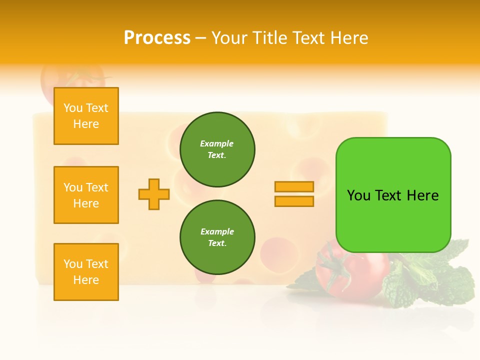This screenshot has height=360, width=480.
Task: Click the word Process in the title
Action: (157, 38)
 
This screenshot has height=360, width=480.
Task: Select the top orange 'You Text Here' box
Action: (86, 116)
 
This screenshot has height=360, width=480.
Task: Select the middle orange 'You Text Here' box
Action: (86, 195)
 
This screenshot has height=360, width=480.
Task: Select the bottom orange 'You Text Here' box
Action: (86, 272)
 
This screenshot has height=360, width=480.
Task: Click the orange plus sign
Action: (154, 194)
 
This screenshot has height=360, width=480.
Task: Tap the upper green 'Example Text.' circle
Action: (217, 149)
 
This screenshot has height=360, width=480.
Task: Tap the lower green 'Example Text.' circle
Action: (217, 237)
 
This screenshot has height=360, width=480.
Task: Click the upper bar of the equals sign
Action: (294, 186)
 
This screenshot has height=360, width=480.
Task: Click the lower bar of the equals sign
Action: (294, 201)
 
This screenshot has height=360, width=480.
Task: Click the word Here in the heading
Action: (347, 38)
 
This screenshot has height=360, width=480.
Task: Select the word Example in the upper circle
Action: (217, 143)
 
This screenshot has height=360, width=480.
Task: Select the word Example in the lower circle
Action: (217, 231)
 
